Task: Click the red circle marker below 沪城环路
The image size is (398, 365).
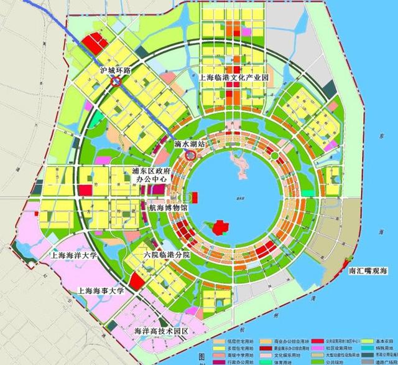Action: point(115,80)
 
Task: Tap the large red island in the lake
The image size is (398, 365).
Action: point(219,227)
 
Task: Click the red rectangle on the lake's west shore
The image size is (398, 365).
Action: point(195,197)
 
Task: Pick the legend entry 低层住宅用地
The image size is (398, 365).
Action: point(236,341)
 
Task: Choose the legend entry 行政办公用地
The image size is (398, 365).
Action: point(236,361)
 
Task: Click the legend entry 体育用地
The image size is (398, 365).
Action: point(285,361)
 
